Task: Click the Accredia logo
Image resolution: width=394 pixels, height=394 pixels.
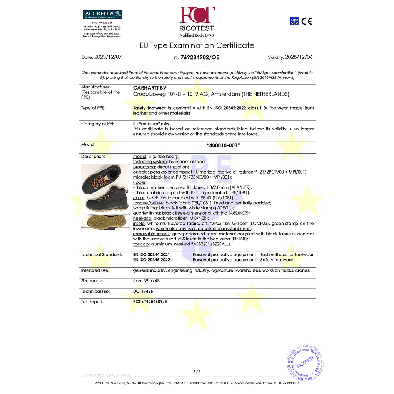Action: point(102,15)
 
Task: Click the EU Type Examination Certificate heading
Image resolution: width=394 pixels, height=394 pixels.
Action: point(197,45)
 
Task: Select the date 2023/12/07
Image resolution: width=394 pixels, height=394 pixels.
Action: point(108,57)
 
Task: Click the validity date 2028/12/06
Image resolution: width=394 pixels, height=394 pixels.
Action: point(299,57)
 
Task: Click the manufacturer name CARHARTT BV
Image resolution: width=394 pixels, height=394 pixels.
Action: point(150,88)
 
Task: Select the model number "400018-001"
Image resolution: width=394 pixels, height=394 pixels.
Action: point(223,145)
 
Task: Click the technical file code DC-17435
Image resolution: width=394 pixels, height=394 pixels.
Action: point(143,292)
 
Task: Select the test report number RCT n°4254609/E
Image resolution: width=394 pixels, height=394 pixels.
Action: point(150,302)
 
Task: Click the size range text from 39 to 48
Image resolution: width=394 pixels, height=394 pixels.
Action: point(146,281)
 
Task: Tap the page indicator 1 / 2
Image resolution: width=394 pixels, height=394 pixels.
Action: point(197,371)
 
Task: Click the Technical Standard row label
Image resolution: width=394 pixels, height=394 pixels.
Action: point(101,255)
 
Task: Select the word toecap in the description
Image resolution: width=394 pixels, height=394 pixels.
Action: point(141,244)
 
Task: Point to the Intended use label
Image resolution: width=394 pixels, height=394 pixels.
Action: point(95,270)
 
